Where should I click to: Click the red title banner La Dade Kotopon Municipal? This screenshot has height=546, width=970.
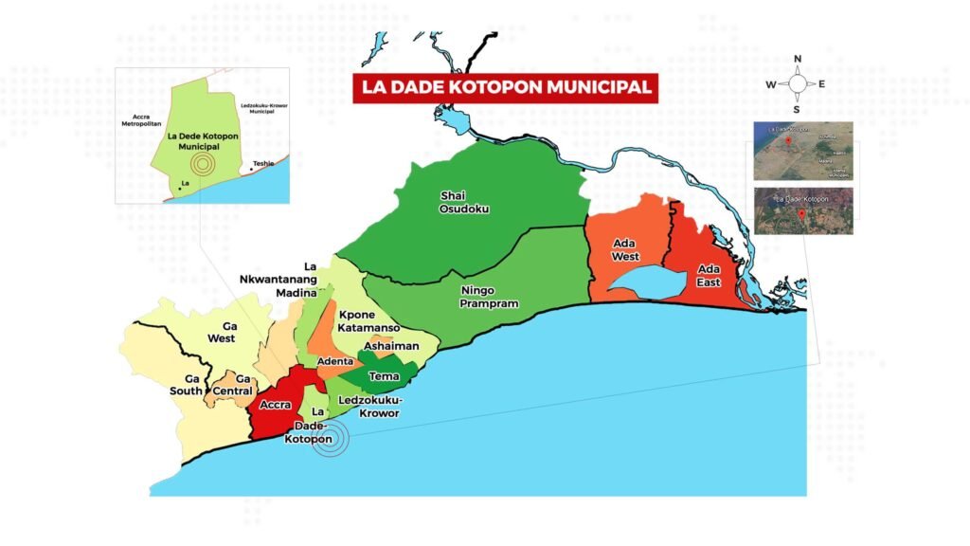(x=504, y=87)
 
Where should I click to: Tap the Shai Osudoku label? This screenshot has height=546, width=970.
(x=465, y=202)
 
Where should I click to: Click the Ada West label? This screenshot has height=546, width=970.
(x=625, y=249)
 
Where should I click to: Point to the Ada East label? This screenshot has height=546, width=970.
(x=708, y=275)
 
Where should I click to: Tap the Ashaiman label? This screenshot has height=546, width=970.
(x=390, y=346)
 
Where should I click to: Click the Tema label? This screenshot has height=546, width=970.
(x=384, y=376)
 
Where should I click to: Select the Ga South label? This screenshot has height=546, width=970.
(x=187, y=385)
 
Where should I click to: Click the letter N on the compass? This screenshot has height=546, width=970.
(x=798, y=59)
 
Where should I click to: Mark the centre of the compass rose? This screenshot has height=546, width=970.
(x=798, y=84)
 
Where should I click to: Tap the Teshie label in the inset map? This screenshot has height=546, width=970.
(x=262, y=163)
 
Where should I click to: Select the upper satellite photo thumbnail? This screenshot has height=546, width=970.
(x=801, y=151)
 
